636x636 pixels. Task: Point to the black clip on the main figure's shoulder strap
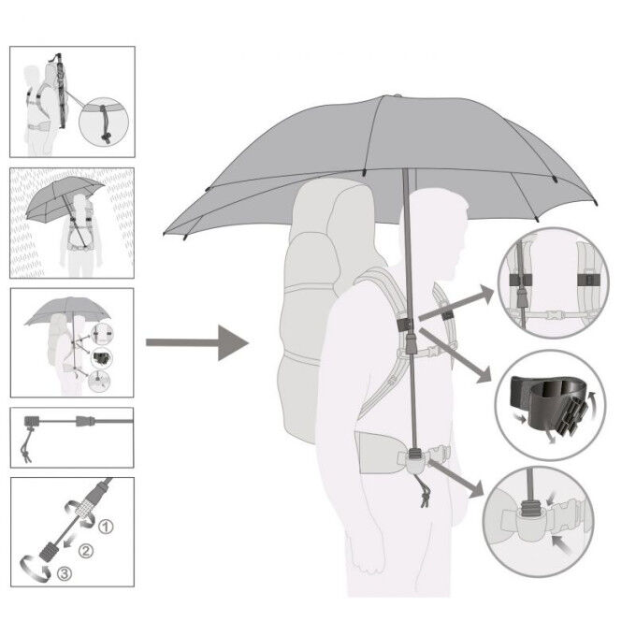(406, 324)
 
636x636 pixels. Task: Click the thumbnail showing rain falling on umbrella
(72, 223)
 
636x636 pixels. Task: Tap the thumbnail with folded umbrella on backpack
(72, 101)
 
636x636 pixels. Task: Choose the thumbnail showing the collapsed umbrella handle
(72, 436)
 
